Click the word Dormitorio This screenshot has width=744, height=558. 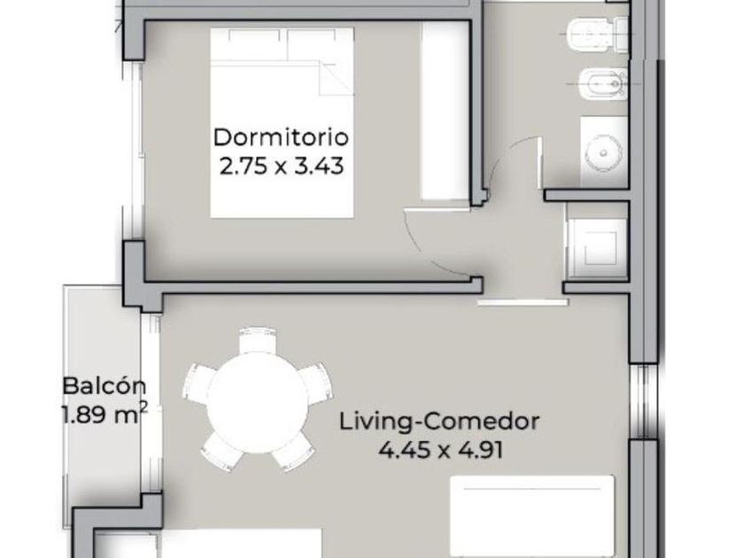click(x=281, y=137)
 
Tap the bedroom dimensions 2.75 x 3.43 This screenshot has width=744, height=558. click(x=281, y=167)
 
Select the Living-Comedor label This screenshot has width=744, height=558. click(x=439, y=422)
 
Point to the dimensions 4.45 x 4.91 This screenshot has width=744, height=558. click(x=441, y=450)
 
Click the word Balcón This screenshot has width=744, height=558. click(x=105, y=386)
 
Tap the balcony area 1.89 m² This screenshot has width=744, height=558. click(x=105, y=415)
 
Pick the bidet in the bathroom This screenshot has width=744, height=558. click(x=601, y=85)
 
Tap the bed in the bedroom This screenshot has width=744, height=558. click(x=282, y=123)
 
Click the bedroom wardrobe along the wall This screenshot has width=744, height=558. click(x=444, y=111)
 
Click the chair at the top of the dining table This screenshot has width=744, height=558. click(x=258, y=340)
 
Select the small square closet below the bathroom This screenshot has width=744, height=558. click(x=597, y=241)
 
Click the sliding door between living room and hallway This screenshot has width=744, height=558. click(x=523, y=301)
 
